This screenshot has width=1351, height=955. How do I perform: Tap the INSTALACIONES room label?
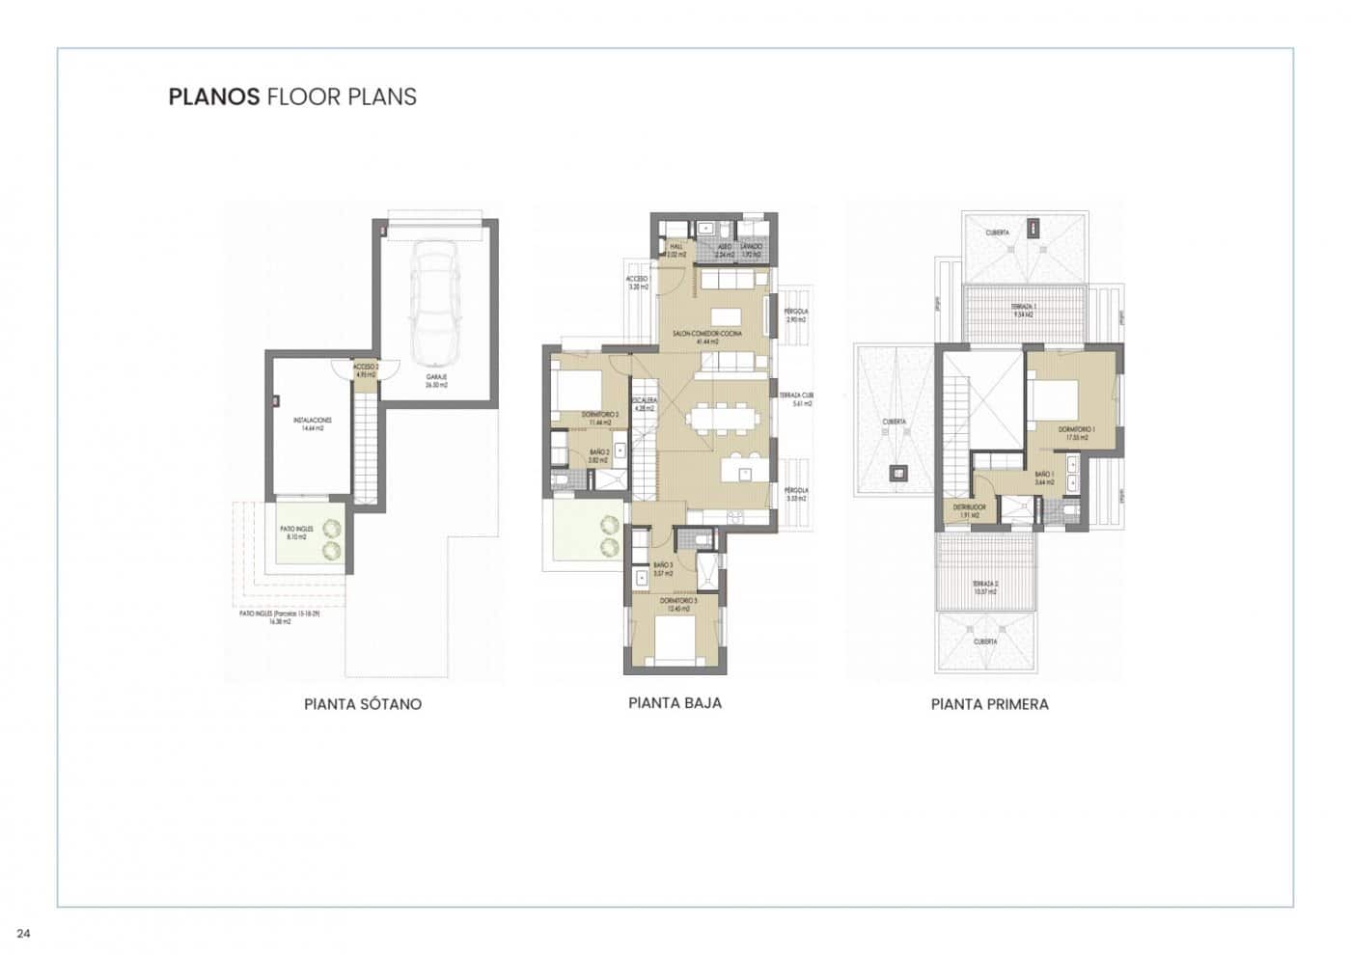pyautogui.click(x=314, y=423)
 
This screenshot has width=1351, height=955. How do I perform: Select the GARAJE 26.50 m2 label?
pyautogui.click(x=436, y=381)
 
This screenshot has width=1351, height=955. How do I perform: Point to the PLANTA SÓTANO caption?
pyautogui.click(x=363, y=704)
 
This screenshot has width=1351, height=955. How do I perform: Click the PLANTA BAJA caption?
pyautogui.click(x=675, y=703)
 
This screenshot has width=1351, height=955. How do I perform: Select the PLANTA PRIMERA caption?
pyautogui.click(x=989, y=704)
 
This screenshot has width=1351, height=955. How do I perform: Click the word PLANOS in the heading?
pyautogui.click(x=214, y=96)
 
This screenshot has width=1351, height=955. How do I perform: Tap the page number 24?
pyautogui.click(x=24, y=933)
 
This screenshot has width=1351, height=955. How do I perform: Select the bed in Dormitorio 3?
pyautogui.click(x=673, y=641)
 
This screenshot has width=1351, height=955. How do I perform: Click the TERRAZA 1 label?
pyautogui.click(x=1023, y=311)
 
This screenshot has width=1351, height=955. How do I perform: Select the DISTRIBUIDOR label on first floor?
pyautogui.click(x=968, y=509)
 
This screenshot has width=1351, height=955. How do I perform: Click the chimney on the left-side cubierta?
pyautogui.click(x=899, y=473)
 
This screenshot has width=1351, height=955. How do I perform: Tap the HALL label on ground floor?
pyautogui.click(x=675, y=250)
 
